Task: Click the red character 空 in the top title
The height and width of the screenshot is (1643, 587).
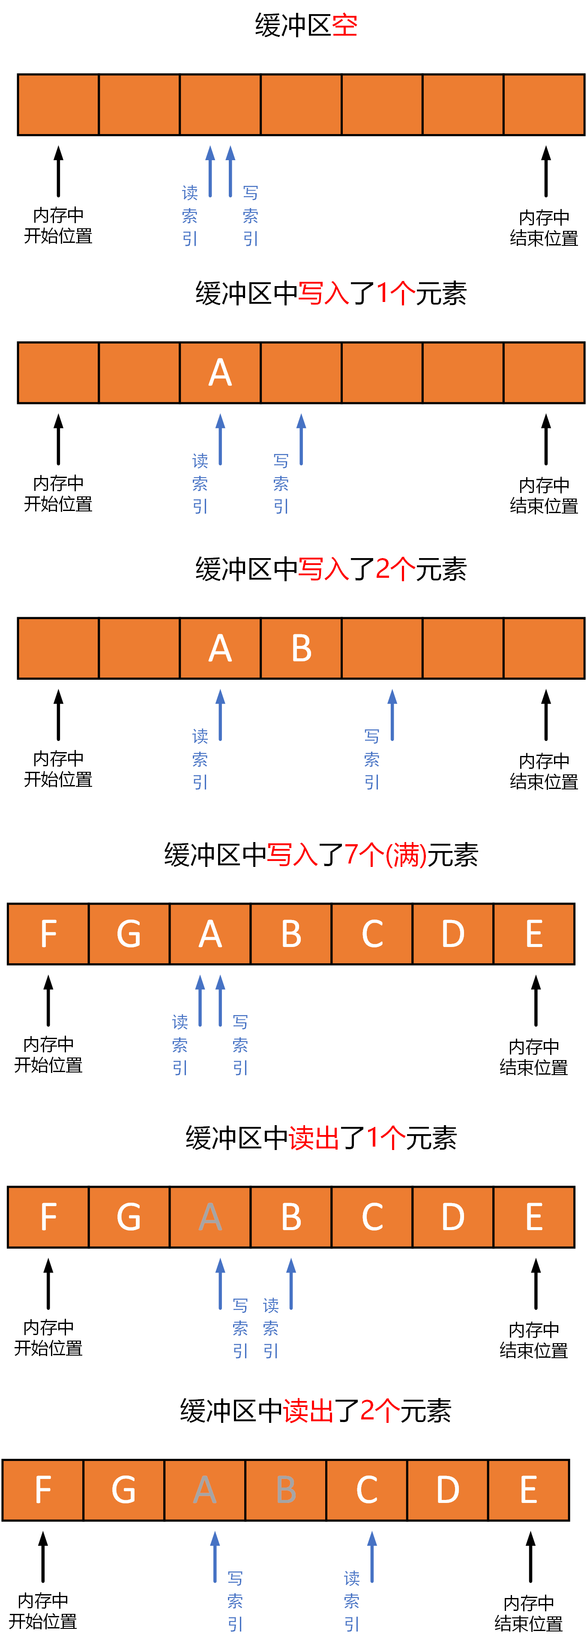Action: pos(344,26)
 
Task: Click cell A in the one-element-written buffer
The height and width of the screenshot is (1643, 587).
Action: pos(220,373)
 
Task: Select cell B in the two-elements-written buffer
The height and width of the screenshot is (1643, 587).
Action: pos(301,648)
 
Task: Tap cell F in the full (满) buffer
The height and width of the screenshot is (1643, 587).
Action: pos(48,934)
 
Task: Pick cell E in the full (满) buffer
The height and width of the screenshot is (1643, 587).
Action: pos(534,934)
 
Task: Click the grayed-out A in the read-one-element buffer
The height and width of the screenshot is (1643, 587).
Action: pos(210,1217)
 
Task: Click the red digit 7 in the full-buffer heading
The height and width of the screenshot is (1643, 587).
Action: pos(352,854)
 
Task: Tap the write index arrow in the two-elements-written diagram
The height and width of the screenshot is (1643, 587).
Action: pos(392,714)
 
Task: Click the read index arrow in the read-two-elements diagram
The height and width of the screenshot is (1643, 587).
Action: pos(372,1556)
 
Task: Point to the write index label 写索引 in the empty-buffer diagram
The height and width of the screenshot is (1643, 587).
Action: pos(251,215)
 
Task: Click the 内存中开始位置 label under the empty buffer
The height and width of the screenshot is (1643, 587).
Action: pos(58,225)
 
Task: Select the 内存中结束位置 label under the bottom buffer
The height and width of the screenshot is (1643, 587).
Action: pos(528,1613)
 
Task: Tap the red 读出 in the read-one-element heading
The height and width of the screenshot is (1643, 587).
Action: pos(314,1138)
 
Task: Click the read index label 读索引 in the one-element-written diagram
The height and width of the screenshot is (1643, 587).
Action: pos(200,484)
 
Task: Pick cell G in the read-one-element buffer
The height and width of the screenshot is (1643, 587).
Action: pos(129,1217)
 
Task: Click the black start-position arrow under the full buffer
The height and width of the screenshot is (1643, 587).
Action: pos(48,1000)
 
